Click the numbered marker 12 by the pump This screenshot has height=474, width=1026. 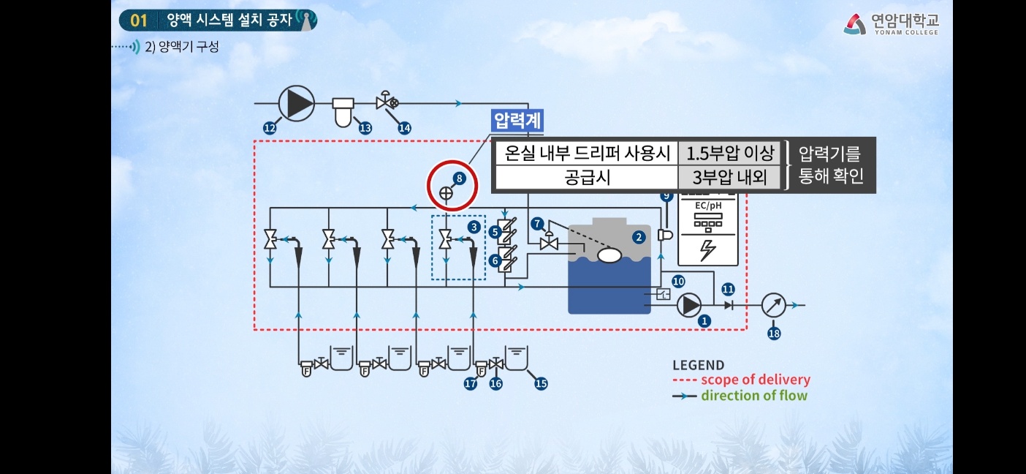click(x=270, y=128)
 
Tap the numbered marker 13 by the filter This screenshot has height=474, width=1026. click(x=365, y=128)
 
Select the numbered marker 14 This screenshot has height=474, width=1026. click(x=404, y=128)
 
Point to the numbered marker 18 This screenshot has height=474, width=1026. click(x=774, y=334)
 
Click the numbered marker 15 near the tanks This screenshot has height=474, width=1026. click(x=541, y=383)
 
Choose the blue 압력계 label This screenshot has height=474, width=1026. click(x=518, y=120)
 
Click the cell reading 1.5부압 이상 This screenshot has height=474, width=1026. click(x=729, y=154)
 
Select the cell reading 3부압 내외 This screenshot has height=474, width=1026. click(x=729, y=177)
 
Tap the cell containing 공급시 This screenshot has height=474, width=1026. click(x=585, y=177)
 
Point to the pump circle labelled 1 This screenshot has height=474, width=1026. click(x=688, y=305)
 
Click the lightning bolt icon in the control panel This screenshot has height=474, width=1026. click(x=707, y=250)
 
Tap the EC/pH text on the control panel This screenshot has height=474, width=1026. click(x=707, y=206)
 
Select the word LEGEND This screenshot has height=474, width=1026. click(x=698, y=365)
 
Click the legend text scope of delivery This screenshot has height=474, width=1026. click(x=756, y=380)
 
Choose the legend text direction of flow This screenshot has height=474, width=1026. click(x=754, y=396)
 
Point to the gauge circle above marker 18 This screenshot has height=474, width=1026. click(x=773, y=305)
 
